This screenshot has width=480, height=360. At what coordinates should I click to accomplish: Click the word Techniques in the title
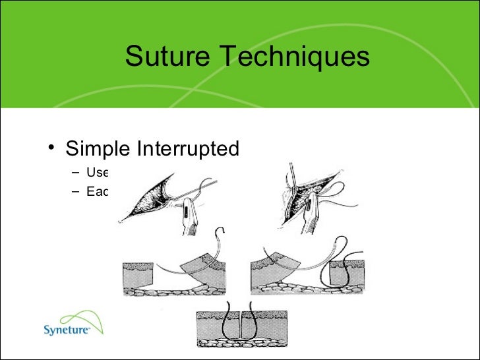[x=291, y=57]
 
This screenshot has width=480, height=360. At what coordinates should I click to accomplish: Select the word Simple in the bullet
[x=98, y=149]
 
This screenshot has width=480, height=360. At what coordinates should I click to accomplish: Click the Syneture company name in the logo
[x=67, y=329]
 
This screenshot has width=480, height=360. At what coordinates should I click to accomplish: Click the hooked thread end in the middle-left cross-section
[x=220, y=233]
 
